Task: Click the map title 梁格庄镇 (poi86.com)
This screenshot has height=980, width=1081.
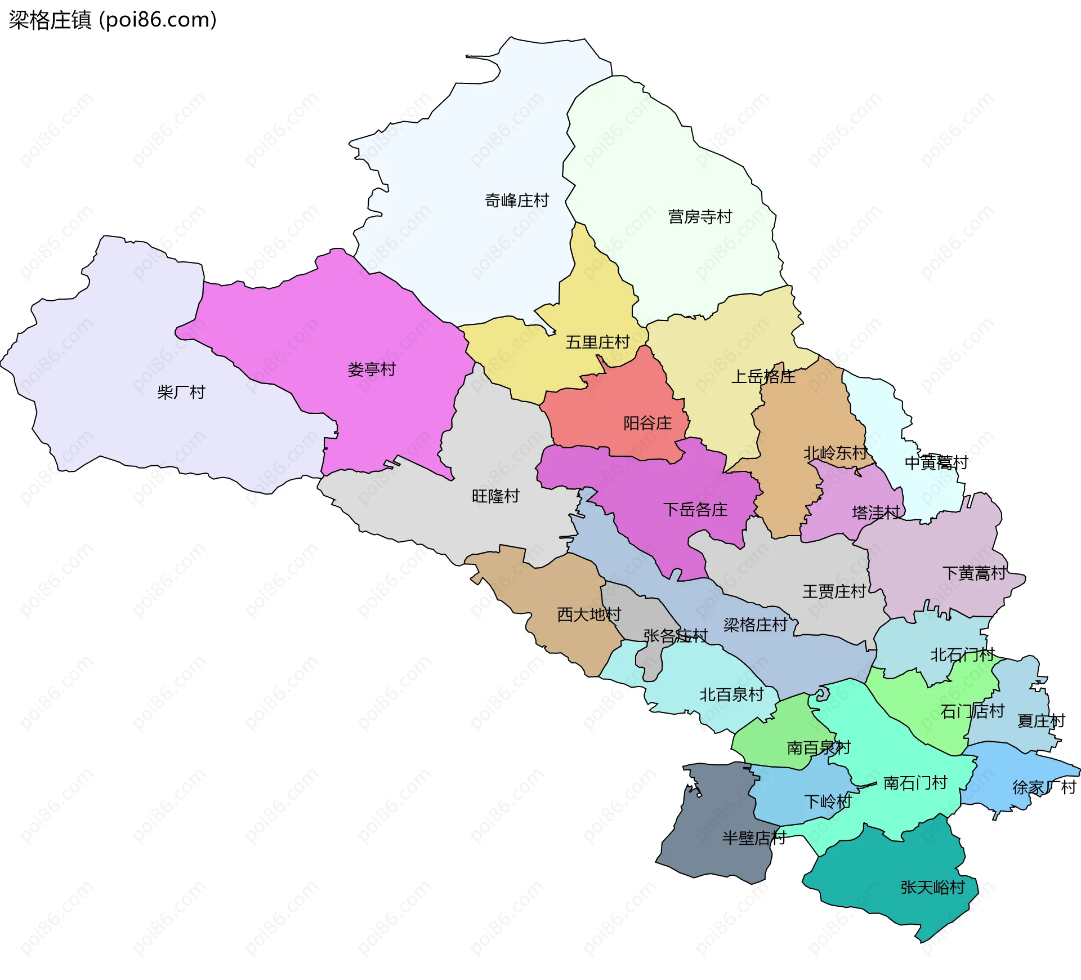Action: [x=113, y=20]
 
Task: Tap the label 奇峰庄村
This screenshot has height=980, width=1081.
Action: [x=516, y=201]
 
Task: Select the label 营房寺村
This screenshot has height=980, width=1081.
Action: [x=699, y=217]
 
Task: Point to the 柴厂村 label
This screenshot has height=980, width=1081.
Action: [x=181, y=392]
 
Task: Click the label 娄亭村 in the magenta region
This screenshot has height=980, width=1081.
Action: [x=372, y=369]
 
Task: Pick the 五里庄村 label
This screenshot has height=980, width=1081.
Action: [x=597, y=342]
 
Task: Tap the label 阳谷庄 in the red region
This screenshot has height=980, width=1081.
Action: [x=647, y=423]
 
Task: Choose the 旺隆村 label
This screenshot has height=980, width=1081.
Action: [x=495, y=496]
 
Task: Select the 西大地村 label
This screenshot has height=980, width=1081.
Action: [x=588, y=614]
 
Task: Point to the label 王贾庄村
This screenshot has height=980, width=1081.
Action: [x=833, y=591]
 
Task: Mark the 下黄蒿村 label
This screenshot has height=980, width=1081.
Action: [x=974, y=573]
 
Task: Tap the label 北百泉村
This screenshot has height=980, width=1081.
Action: [x=731, y=695]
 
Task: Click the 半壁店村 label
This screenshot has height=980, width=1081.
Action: [x=753, y=838]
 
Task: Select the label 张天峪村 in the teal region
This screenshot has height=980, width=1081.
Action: [x=932, y=888]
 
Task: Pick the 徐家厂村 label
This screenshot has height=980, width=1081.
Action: [x=1044, y=787]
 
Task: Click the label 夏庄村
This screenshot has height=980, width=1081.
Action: [x=1040, y=721]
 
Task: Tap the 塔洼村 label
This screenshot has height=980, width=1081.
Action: [x=876, y=513]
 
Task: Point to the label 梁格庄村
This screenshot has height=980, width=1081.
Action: [x=754, y=625]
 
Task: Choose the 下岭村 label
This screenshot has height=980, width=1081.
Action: [x=827, y=801]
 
